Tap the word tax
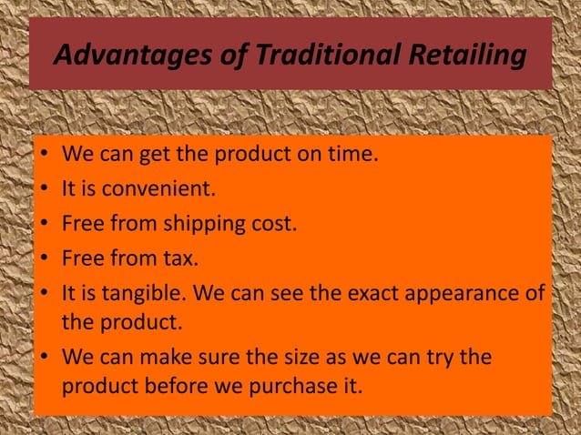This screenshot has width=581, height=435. (x=179, y=258)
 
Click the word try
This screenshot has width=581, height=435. (x=442, y=358)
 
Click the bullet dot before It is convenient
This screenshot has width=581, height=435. (x=44, y=189)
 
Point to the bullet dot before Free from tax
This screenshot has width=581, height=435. (x=44, y=259)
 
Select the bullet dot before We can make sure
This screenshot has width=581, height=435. (x=44, y=358)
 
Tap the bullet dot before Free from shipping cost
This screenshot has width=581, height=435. (x=44, y=224)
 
